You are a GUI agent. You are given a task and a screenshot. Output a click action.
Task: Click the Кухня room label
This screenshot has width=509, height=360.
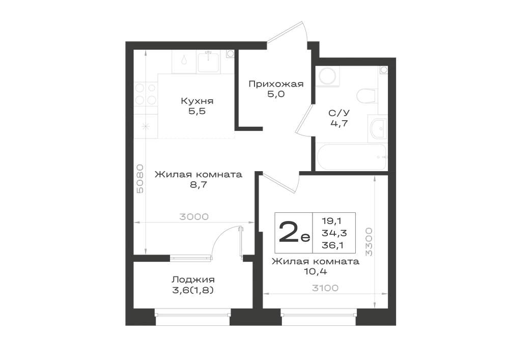pyautogui.click(x=197, y=101)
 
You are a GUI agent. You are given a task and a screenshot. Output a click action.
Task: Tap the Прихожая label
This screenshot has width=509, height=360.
pyautogui.click(x=276, y=85)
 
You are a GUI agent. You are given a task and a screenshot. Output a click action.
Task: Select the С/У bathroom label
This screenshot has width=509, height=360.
pyautogui.click(x=339, y=113)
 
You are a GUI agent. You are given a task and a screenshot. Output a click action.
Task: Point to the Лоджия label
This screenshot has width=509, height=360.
pyautogui.click(x=193, y=280)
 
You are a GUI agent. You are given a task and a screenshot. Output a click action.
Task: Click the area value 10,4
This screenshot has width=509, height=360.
pyautogui.click(x=315, y=272)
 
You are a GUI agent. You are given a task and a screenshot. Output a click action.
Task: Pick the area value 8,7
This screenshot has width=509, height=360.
pyautogui.click(x=199, y=185)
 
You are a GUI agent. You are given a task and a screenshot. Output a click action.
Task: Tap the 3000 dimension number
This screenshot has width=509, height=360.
pyautogui.click(x=194, y=216)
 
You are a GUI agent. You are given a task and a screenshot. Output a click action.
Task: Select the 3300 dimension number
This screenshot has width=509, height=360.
pyautogui.click(x=369, y=242)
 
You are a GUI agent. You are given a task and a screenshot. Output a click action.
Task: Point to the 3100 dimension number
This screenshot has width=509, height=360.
pyautogui.click(x=325, y=288)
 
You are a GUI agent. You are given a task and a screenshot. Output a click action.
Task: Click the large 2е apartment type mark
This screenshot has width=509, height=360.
pyautogui.click(x=294, y=232)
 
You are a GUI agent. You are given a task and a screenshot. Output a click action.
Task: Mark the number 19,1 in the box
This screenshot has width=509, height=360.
pyautogui.click(x=331, y=221)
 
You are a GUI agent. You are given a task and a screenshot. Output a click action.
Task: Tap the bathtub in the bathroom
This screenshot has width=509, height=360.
pyautogui.click(x=351, y=157)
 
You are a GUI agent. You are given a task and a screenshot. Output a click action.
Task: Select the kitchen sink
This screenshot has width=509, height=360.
pyautogui.click(x=208, y=62)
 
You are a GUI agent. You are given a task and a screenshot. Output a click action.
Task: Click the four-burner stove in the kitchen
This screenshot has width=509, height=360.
pyautogui.click(x=146, y=95)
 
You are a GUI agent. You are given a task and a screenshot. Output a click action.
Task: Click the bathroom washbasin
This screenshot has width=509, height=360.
pyautogui.click(x=378, y=129)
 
